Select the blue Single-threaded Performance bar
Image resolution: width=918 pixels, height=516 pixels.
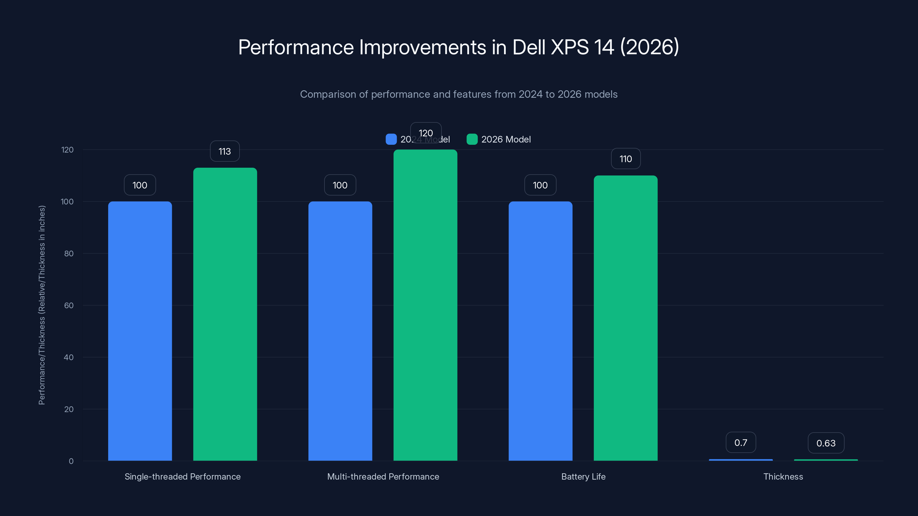(x=140, y=331)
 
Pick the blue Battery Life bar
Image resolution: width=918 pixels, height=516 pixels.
(x=540, y=331)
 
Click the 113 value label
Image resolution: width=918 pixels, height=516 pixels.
(x=225, y=151)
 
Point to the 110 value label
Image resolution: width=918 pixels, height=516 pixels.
(x=625, y=159)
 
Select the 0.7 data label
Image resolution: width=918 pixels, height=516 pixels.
(x=740, y=443)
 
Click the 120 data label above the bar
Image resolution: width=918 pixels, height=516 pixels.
(x=425, y=133)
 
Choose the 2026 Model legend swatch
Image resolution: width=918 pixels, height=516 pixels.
(x=472, y=139)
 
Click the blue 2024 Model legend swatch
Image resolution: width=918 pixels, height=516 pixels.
(x=391, y=139)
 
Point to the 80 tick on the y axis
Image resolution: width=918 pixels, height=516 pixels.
(x=69, y=253)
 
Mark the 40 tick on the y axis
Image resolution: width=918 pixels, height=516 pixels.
(x=69, y=357)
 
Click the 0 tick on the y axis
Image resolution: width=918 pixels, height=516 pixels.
(x=71, y=461)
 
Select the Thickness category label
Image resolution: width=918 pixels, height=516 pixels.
(x=783, y=476)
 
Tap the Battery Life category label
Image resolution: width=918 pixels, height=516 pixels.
(x=583, y=476)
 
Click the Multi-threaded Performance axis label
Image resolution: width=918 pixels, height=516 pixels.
(x=383, y=476)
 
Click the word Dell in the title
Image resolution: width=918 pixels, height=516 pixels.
(x=529, y=47)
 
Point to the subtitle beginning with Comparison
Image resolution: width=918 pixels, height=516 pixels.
(x=459, y=94)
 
